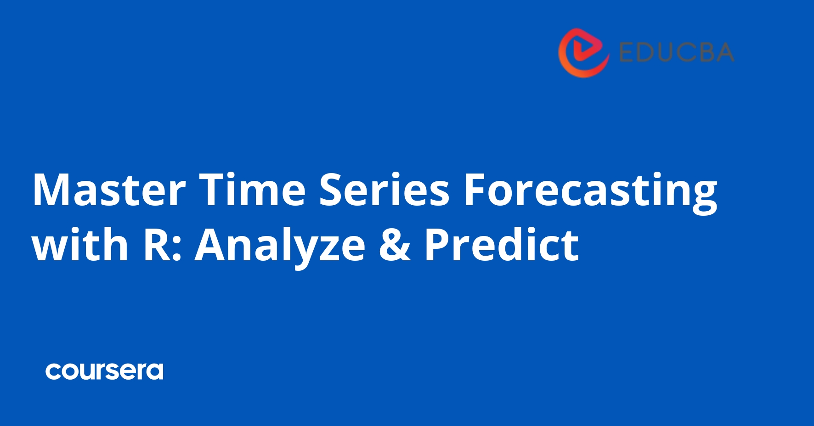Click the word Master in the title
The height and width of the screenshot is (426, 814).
click(109, 190)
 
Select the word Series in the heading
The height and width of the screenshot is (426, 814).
click(384, 190)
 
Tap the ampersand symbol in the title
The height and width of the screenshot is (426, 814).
click(395, 245)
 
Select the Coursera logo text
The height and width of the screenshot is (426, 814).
click(104, 371)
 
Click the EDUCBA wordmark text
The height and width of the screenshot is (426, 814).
click(677, 52)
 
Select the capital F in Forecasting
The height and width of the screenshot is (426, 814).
click(475, 190)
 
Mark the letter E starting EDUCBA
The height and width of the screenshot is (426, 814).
click(627, 52)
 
